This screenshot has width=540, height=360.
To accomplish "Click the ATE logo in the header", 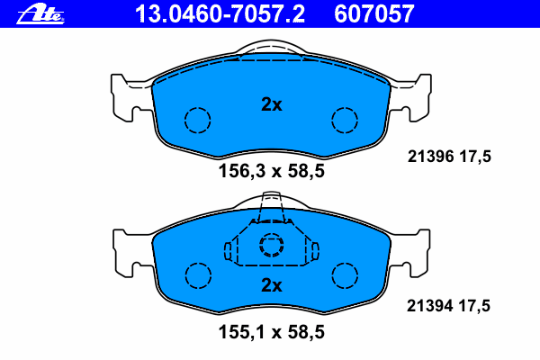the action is click(40, 14).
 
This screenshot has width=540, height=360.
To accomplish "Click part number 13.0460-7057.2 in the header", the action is click(220, 14).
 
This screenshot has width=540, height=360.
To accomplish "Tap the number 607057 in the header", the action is click(374, 14).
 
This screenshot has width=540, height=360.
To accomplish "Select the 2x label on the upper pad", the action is click(272, 104).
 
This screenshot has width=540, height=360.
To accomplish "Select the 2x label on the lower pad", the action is click(272, 285).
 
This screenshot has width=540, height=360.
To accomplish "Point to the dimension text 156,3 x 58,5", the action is click(272, 171).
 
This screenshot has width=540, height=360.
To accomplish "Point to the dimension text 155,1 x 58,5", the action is click(272, 332).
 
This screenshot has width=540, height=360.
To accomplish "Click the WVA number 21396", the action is click(430, 157).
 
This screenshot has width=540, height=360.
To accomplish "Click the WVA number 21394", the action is click(430, 306).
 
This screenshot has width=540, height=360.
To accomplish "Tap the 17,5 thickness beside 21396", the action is click(475, 157).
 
